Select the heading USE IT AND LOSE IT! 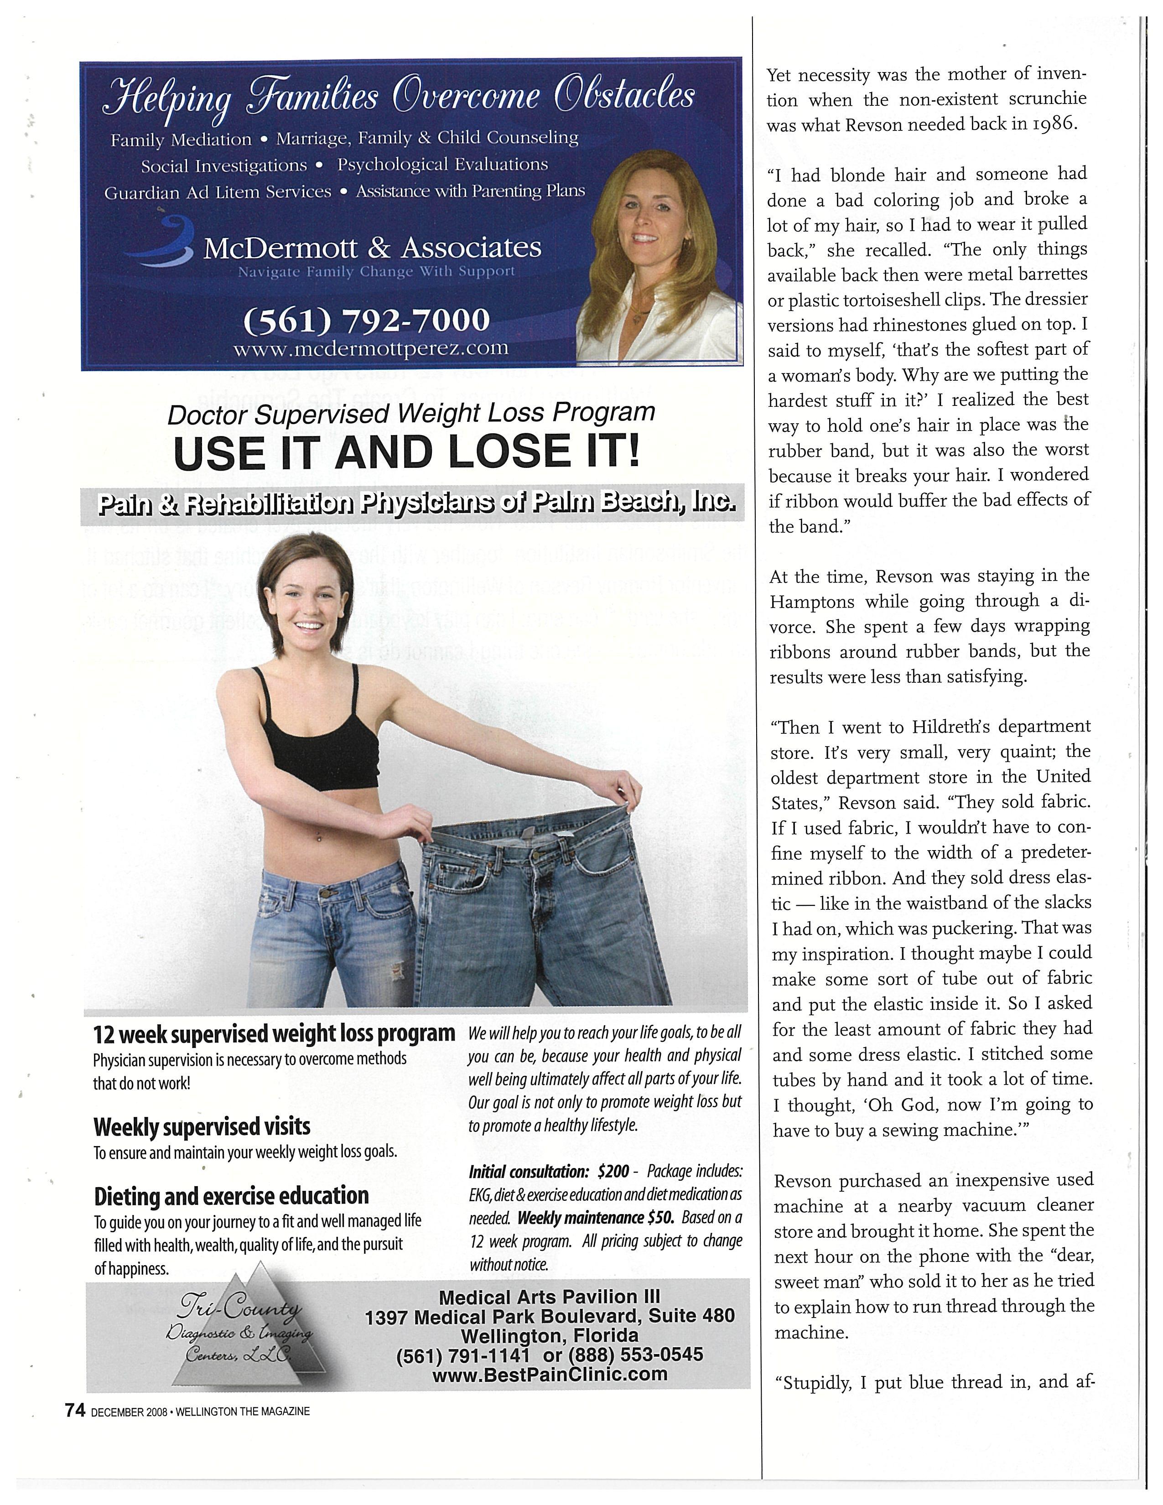[x=407, y=452]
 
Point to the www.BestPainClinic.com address [x=550, y=1374]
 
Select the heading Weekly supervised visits [x=202, y=1126]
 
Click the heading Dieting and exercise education [x=232, y=1196]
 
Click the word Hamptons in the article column [x=810, y=602]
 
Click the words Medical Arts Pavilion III [x=549, y=1297]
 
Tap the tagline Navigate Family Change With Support [x=376, y=271]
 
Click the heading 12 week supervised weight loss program [x=274, y=1033]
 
